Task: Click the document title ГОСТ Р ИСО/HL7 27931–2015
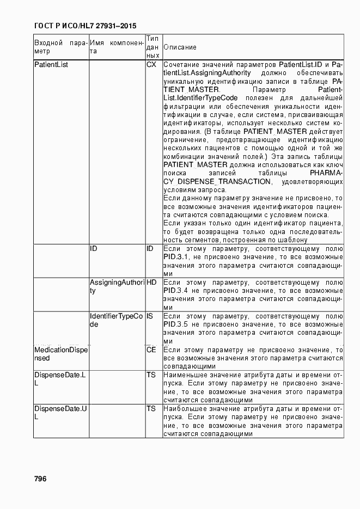[85, 26]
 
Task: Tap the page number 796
[40, 479]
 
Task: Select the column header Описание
[180, 47]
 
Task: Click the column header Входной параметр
[60, 47]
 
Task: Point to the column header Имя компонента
[117, 47]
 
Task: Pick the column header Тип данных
[153, 47]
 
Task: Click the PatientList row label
[47, 65]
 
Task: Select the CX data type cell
[151, 65]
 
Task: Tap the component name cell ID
[94, 249]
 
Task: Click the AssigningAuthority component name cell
[117, 287]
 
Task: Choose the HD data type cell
[151, 283]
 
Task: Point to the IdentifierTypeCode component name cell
[116, 320]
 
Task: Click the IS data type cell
[150, 316]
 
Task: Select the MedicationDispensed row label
[60, 354]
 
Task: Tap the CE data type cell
[151, 350]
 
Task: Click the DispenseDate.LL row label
[60, 379]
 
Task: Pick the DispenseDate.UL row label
[60, 413]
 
